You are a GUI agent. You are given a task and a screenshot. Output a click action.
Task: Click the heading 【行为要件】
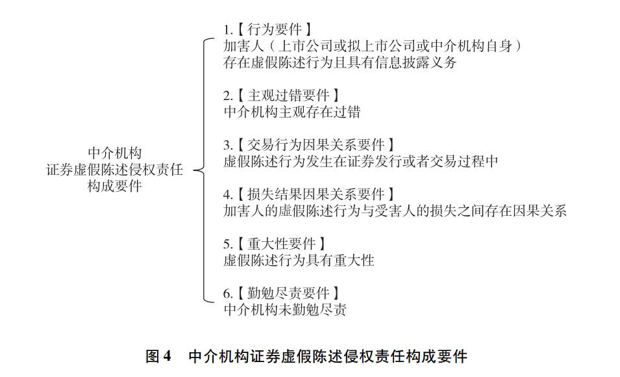coord(275,29)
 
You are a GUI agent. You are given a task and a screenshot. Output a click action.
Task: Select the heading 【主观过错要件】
coord(289,96)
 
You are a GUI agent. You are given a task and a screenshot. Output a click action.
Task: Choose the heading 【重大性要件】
coord(282,244)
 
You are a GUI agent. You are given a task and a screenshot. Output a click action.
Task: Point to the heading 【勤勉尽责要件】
coord(289,293)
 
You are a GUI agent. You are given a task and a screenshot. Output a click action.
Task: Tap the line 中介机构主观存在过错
coord(291,112)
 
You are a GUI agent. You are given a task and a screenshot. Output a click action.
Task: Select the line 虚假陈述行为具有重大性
coord(299,260)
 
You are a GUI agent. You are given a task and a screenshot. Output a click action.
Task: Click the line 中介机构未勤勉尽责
coord(285,309)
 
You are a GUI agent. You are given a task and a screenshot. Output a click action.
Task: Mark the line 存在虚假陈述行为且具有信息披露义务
coord(340,62)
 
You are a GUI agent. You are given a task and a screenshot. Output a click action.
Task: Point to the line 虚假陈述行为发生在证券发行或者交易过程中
coord(360,162)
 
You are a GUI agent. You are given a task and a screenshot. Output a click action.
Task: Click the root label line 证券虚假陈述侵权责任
coord(115,170)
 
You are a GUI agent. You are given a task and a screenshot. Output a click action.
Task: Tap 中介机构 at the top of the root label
coord(115,153)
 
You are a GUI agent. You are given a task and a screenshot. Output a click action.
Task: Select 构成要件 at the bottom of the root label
coord(115,186)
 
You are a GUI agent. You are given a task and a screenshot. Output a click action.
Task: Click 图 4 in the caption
coord(158,356)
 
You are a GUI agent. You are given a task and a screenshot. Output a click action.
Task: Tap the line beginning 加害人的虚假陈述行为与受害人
coord(395,211)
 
